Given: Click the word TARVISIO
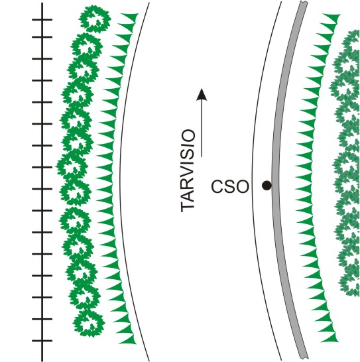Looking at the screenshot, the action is point(188,170).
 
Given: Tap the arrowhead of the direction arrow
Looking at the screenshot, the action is point(202,95).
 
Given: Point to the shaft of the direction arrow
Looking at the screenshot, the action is point(202,129).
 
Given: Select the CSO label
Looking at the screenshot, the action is point(230,186).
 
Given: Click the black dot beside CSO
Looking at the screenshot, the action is point(267,186).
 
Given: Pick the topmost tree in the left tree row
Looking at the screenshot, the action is point(95,19).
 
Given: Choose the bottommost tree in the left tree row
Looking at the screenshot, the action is point(89,323).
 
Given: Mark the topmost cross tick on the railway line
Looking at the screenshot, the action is point(42,20).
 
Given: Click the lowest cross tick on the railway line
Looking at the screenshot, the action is point(42,341).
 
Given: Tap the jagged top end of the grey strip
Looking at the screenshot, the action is point(304,3).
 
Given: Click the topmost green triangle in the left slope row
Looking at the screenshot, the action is point(130,17).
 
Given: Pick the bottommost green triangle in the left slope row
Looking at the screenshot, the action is point(127,339).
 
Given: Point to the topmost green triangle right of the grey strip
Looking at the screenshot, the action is point(331,18).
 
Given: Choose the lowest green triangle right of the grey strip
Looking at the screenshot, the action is point(330,337).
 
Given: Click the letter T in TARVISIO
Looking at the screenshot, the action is point(188,206).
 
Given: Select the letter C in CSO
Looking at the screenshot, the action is point(217,186).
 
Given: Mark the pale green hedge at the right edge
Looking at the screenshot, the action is point(346,162).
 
